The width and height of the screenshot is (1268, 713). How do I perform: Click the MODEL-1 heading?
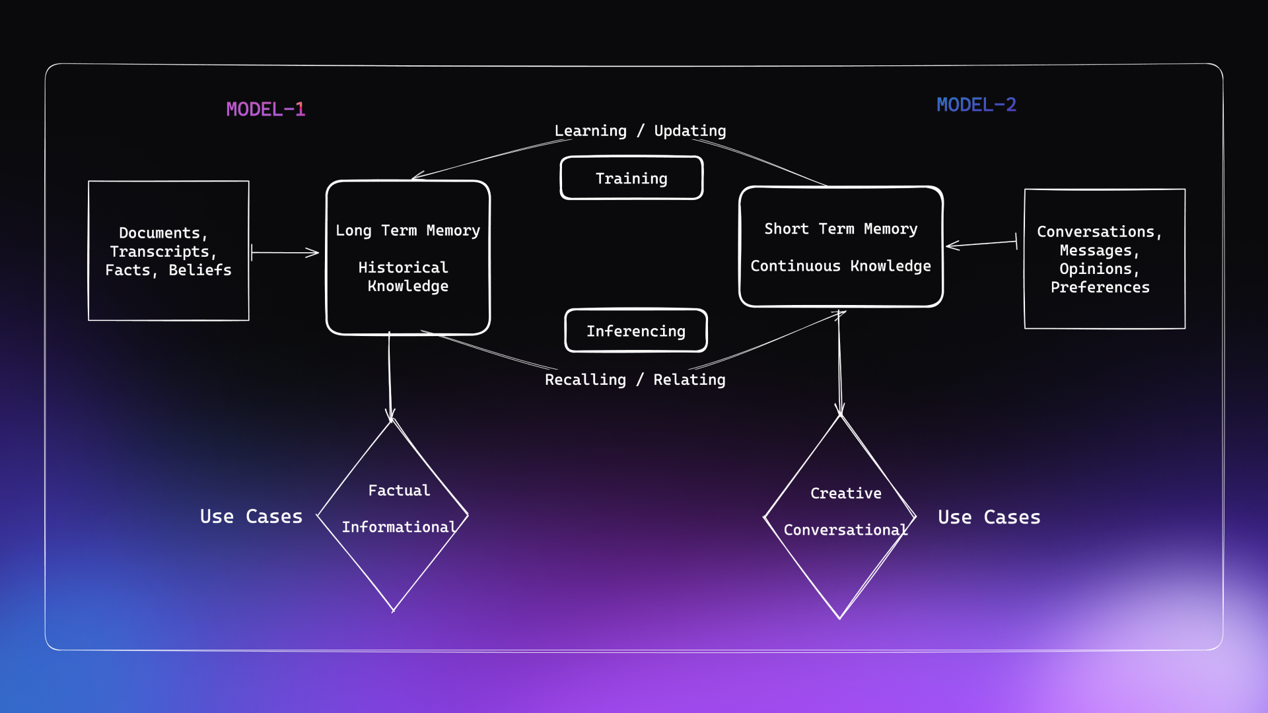point(265,109)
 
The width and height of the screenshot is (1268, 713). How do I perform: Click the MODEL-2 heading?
point(976,105)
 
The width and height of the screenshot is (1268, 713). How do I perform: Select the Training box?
point(631,178)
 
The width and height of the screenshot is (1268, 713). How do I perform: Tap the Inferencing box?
point(636,331)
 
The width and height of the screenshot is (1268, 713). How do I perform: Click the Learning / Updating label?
point(640,131)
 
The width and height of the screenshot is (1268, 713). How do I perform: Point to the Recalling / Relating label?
point(635,380)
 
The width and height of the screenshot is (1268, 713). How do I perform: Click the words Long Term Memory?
point(407,230)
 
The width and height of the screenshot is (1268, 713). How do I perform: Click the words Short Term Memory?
point(841,229)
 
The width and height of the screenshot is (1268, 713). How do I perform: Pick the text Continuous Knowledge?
point(841,266)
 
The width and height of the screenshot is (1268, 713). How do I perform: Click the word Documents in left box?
point(159,233)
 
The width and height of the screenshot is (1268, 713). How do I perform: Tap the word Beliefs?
point(200,270)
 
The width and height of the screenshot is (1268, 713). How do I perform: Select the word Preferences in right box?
point(1100,287)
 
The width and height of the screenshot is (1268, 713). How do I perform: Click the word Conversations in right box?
point(1095,232)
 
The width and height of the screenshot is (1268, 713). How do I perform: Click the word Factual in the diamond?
point(399,491)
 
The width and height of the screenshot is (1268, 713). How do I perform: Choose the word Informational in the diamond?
point(399,527)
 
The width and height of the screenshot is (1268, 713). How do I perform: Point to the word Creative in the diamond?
point(845,493)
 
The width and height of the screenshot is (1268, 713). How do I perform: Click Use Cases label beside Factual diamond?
point(251,516)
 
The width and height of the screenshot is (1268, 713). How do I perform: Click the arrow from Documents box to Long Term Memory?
point(285,252)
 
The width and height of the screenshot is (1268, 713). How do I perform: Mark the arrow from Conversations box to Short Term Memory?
point(981,244)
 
